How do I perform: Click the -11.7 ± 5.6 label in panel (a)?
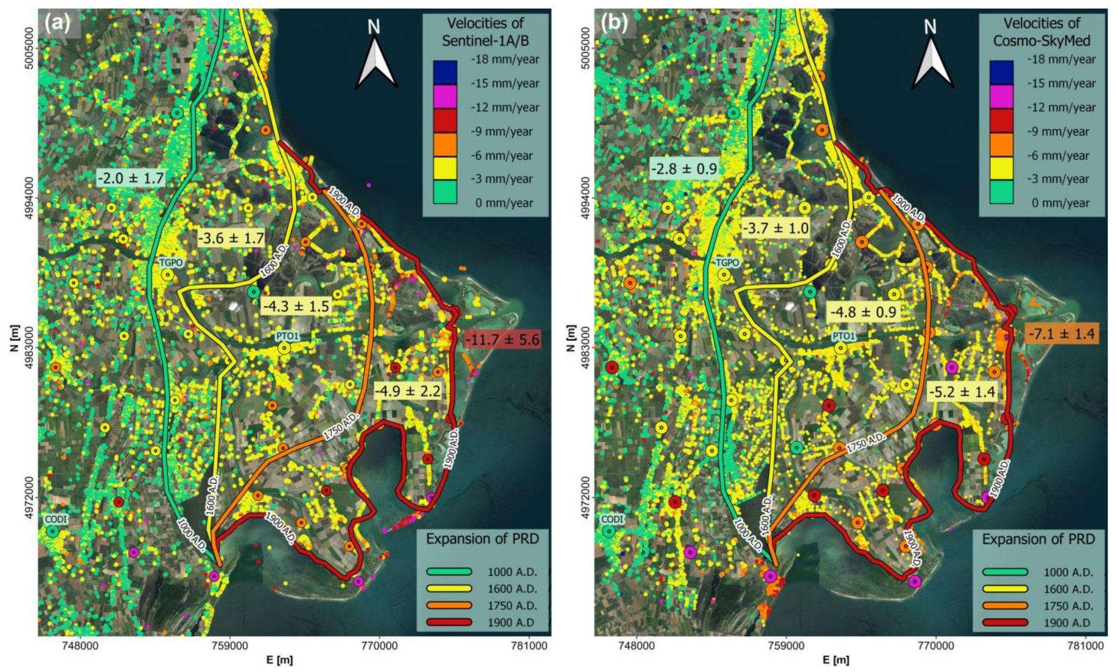pos(502,340)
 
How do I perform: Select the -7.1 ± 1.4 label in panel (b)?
pos(1062,334)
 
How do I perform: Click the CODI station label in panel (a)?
pos(56,519)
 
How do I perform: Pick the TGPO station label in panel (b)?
pos(727,263)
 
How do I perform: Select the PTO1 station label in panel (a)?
pos(288,336)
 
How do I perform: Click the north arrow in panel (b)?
pos(931,56)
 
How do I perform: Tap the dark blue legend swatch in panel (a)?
pos(445,72)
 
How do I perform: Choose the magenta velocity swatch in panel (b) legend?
pos(1001,96)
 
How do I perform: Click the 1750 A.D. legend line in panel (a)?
pos(449,606)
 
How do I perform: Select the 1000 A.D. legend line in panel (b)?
pos(1005,572)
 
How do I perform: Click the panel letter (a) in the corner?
pos(58,23)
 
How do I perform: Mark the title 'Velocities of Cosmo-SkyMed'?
pos(1041,32)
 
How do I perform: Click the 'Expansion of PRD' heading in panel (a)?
pos(482,539)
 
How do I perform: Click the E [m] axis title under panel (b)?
pos(836,660)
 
